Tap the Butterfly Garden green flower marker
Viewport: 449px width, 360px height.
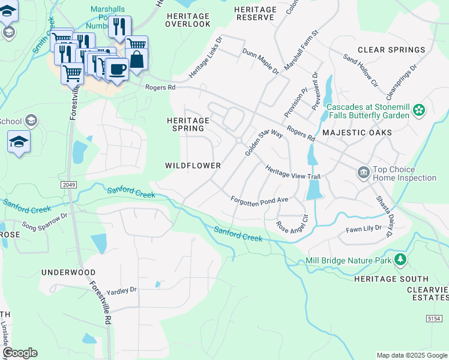coord(419,110)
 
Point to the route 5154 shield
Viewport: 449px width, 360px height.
coord(435,318)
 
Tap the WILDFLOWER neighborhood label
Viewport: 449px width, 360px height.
coord(193,165)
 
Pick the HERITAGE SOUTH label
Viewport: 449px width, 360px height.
coord(391,279)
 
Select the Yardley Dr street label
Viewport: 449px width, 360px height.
coord(122,290)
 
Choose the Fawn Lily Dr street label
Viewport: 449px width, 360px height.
coord(364,229)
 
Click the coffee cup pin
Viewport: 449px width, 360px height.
coord(117,69)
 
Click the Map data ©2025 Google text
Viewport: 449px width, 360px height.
coord(411,355)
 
